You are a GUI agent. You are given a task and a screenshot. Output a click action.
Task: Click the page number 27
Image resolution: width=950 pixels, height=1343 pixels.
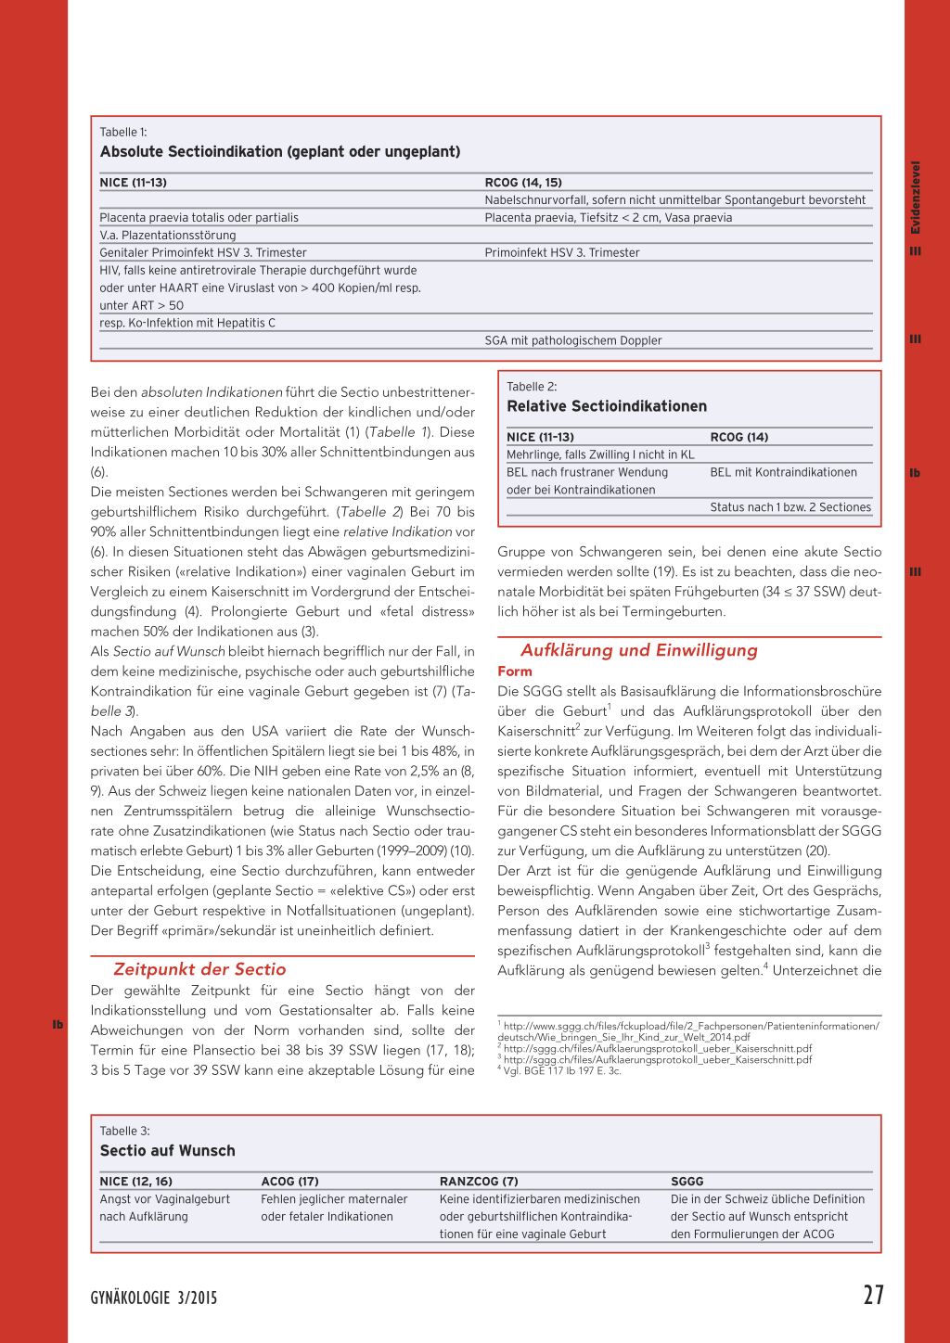873,1295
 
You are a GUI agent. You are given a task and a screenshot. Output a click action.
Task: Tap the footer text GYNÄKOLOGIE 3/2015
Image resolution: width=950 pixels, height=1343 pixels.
154,1298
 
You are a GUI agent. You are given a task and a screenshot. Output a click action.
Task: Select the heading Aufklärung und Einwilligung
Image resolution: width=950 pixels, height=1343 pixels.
638,650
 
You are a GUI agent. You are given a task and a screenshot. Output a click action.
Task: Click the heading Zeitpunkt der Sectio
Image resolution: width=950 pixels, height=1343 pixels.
199,969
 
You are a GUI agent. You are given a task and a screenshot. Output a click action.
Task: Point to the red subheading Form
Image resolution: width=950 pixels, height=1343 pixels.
515,671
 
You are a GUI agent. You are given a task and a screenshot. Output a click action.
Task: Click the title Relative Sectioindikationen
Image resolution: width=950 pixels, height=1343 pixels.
607,406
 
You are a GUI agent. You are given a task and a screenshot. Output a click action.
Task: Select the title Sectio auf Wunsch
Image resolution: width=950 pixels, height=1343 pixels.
168,1150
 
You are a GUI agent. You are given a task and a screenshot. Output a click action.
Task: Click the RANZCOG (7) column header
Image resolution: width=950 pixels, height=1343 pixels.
479,1182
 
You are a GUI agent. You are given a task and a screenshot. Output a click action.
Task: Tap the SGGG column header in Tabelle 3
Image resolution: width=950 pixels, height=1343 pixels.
687,1182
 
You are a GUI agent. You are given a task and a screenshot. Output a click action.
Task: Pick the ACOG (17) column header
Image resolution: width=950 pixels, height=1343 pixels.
289,1182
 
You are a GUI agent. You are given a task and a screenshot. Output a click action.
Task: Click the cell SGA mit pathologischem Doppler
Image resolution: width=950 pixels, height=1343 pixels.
573,340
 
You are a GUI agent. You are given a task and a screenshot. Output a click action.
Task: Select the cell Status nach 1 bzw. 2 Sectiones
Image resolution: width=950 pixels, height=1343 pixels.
790,507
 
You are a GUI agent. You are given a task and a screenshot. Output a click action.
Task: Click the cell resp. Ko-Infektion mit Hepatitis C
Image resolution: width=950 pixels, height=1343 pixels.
187,323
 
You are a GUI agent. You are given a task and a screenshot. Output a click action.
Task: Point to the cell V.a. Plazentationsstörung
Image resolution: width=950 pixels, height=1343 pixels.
168,236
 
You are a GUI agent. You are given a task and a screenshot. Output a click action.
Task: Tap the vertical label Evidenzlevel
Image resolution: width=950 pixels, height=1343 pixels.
916,198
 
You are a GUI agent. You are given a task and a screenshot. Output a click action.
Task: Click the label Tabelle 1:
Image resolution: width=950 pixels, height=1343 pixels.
123,133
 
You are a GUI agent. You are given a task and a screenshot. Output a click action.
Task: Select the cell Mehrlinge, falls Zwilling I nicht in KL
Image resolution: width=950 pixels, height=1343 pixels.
600,454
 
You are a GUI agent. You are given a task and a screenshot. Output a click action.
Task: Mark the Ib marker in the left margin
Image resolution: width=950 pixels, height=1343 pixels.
58,1025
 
